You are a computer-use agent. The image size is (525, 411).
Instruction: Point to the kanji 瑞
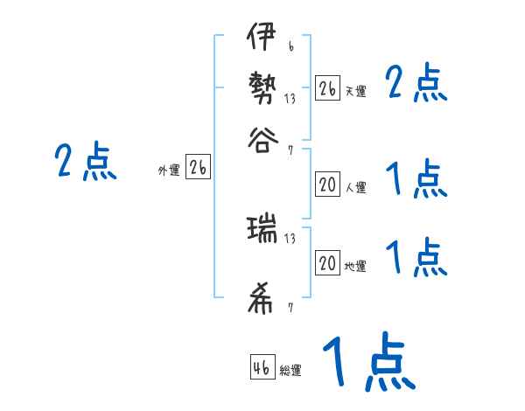click(x=262, y=230)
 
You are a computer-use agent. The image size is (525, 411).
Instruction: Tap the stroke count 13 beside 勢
click(x=290, y=99)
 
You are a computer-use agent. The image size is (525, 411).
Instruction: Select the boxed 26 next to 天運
click(x=327, y=88)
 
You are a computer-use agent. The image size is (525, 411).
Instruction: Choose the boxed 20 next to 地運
click(x=327, y=264)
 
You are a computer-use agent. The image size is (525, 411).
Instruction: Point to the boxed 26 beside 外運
click(x=198, y=168)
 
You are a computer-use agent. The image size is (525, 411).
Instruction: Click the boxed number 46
click(x=261, y=367)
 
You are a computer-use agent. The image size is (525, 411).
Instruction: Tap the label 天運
click(x=355, y=91)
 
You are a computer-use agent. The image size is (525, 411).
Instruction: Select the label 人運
click(x=355, y=187)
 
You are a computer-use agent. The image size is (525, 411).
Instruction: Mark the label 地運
click(x=355, y=267)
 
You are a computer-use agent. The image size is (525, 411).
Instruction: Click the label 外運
click(x=169, y=171)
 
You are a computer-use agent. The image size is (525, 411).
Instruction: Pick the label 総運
click(x=290, y=370)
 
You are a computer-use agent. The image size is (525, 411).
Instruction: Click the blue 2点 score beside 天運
click(x=416, y=85)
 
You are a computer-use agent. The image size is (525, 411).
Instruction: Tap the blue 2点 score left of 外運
click(x=85, y=163)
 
